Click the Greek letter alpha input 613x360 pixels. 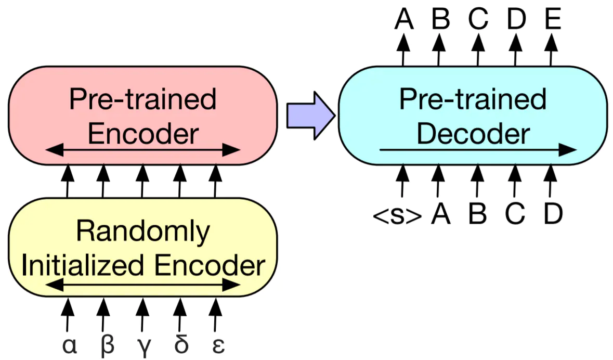tap(70, 345)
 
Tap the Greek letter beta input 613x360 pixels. tap(107, 345)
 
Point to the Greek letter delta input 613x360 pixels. tap(181, 343)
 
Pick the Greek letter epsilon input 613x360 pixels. tap(218, 345)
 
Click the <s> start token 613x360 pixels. tap(397, 215)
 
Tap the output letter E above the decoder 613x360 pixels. tap(553, 18)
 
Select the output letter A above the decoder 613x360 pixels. tap(404, 18)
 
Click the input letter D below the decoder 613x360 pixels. tap(553, 214)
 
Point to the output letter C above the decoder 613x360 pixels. tap(478, 18)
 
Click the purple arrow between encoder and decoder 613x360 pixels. tap(311, 115)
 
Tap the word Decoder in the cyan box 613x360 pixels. tap(473, 133)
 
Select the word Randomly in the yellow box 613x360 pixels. tap(142, 232)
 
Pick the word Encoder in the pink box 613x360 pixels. tap(143, 133)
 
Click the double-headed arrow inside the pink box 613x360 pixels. tap(142, 149)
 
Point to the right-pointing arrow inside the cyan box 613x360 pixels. tap(478, 149)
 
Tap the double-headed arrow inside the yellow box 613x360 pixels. tap(142, 285)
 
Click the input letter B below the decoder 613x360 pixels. tap(477, 214)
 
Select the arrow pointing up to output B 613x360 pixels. tap(439, 50)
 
